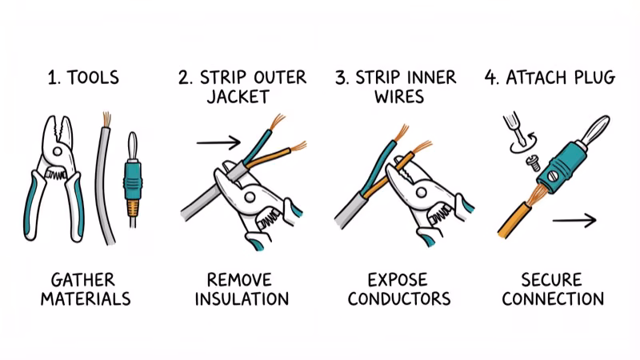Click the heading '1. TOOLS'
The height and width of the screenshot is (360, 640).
[82, 78]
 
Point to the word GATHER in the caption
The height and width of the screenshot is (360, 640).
[82, 280]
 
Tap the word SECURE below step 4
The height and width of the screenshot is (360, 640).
[553, 280]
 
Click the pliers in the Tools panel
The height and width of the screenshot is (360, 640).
[57, 176]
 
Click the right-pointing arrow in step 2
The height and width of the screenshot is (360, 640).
[218, 143]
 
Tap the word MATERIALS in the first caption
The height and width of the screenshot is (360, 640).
[82, 300]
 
